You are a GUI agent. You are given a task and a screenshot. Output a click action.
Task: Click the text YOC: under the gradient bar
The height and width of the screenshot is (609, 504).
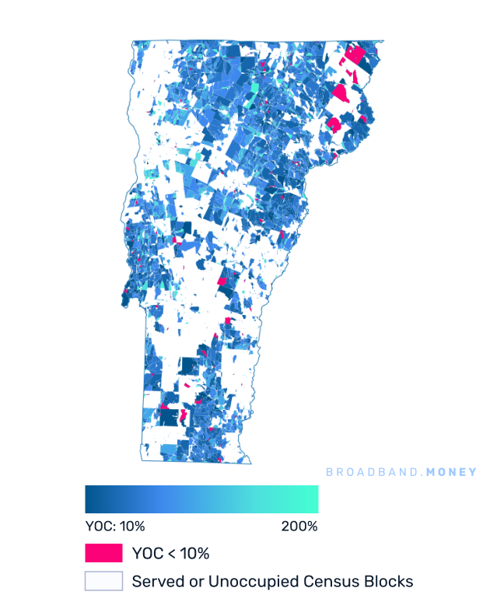100,527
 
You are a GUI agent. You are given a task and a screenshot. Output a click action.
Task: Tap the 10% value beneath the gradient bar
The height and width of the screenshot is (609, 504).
132,527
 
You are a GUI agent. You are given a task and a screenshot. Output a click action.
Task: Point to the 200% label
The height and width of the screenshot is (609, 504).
299,527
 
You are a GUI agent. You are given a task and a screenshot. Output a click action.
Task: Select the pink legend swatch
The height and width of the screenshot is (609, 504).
103,554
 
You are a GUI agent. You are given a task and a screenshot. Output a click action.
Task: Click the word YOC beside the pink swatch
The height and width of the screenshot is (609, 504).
147,554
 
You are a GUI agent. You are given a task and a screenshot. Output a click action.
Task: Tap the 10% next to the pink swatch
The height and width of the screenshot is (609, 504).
194,554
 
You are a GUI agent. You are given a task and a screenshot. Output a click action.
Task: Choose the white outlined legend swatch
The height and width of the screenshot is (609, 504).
103,581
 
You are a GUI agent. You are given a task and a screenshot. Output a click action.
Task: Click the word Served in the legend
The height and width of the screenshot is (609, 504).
154,581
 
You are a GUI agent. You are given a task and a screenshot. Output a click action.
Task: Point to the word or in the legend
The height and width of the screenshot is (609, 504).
187,581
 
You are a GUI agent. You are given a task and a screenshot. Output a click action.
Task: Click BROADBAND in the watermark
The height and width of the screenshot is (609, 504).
368,472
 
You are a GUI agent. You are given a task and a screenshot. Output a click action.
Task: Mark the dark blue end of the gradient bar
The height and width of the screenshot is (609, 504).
89,499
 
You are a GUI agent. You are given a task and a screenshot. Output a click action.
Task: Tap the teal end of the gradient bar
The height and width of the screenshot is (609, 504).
314,499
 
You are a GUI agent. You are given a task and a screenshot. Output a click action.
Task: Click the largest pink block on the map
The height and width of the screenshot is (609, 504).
355,55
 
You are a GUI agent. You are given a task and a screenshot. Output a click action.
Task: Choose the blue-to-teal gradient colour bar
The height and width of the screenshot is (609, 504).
201,499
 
